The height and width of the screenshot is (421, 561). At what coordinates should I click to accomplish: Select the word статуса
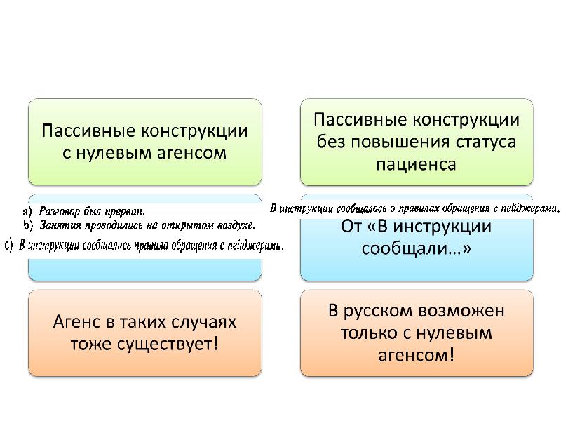coord(486,142)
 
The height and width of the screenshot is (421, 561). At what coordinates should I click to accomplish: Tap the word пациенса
coord(416,165)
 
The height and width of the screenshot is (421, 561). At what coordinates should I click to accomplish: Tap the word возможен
coord(461,310)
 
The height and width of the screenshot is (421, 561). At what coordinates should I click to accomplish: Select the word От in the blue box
coord(351,226)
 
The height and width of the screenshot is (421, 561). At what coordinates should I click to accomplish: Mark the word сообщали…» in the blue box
coord(416,248)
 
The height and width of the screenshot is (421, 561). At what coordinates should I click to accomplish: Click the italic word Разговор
coord(59,212)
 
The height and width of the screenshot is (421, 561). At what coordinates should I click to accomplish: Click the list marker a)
coord(27,212)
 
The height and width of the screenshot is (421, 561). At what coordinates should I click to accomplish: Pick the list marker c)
coord(9,246)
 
